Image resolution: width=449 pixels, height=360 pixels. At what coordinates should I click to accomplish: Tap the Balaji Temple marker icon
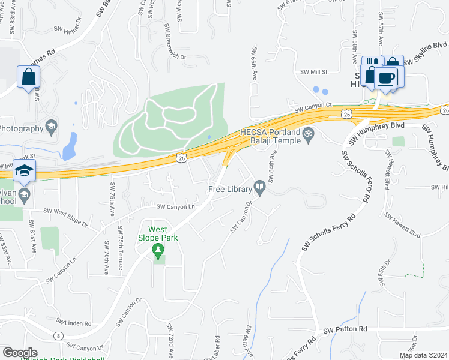click(x=309, y=133)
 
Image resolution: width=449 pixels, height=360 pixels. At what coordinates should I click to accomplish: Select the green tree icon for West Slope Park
click(x=158, y=250)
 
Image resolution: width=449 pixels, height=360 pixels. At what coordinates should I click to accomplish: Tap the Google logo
click(x=20, y=353)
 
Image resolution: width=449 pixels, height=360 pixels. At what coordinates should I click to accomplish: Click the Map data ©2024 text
click(x=424, y=355)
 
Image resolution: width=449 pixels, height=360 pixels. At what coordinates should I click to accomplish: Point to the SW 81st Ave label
click(x=33, y=236)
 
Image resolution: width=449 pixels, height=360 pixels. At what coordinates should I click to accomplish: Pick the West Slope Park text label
click(x=158, y=233)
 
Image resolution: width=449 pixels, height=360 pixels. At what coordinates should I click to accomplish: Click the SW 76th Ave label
click(x=106, y=257)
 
